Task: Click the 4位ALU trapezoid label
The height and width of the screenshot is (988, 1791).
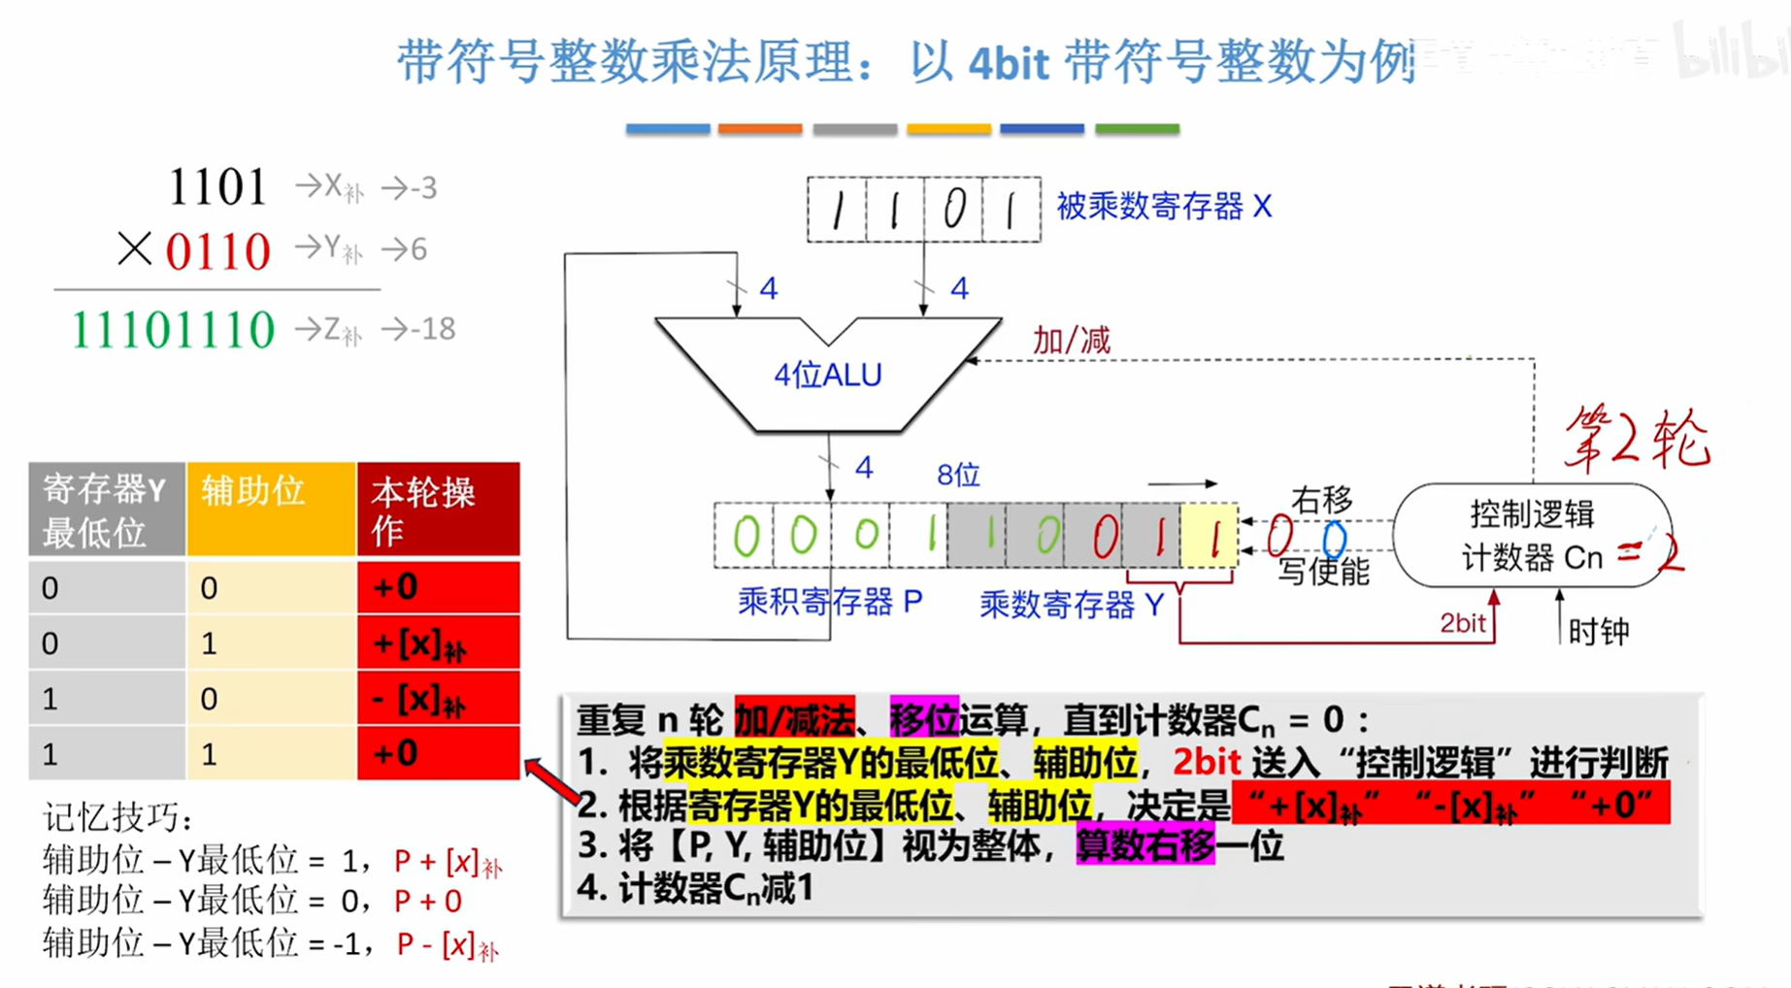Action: pyautogui.click(x=827, y=375)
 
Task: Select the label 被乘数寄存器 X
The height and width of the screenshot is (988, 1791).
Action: pyautogui.click(x=1163, y=207)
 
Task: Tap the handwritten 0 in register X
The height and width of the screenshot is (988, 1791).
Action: pyautogui.click(x=954, y=209)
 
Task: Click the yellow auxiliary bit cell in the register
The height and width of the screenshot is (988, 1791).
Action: pyautogui.click(x=1211, y=535)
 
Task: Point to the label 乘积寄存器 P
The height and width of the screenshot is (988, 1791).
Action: pyautogui.click(x=830, y=603)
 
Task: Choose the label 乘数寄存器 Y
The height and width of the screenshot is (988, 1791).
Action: pyautogui.click(x=1072, y=606)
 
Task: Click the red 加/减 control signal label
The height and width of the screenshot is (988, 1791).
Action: pyautogui.click(x=1071, y=341)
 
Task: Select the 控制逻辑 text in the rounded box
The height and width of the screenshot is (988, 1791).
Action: pyautogui.click(x=1532, y=513)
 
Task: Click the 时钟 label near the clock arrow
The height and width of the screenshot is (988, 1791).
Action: pyautogui.click(x=1599, y=632)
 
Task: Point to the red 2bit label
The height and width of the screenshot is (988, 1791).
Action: pyautogui.click(x=1462, y=623)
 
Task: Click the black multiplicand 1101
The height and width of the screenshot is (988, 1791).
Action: pyautogui.click(x=217, y=187)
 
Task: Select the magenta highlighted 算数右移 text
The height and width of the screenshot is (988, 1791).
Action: pyautogui.click(x=1144, y=846)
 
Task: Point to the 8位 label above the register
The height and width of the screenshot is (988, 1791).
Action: pyautogui.click(x=958, y=475)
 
